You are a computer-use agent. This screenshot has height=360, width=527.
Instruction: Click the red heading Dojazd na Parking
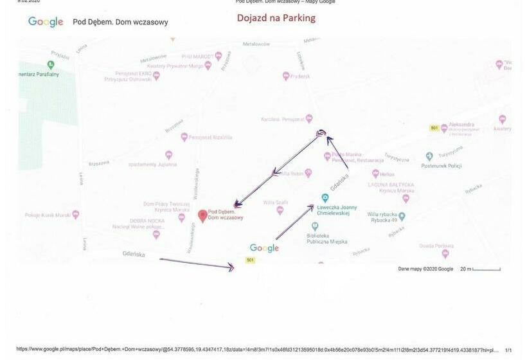[x=276, y=18]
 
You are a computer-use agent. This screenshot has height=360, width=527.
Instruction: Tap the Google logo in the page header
[x=46, y=22]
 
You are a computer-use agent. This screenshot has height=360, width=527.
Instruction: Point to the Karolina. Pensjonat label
[x=281, y=120]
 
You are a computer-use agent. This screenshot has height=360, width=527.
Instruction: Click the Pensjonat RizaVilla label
[x=210, y=137]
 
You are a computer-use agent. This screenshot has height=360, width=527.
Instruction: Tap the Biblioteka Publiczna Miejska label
[x=327, y=239]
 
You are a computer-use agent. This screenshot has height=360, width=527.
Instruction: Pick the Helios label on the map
[x=387, y=174]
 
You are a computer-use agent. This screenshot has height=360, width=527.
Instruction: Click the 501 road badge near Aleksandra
[x=434, y=129]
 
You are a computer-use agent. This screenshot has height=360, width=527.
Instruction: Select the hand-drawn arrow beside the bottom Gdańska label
[x=196, y=263]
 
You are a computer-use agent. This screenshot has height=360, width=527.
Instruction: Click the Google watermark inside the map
[x=264, y=248]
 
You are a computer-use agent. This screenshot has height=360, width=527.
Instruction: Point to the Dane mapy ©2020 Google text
[x=425, y=269]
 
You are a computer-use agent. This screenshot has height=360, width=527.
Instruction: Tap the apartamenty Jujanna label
[x=153, y=164]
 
